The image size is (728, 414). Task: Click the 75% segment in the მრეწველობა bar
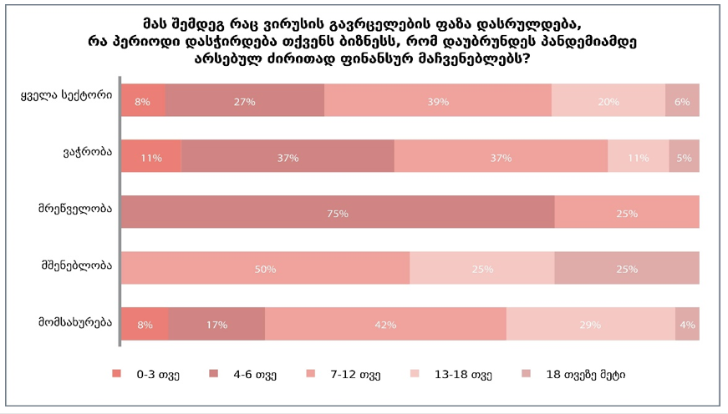point(338,212)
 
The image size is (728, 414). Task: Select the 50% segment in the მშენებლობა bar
point(266,268)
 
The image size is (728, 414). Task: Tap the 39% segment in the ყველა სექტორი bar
point(437,100)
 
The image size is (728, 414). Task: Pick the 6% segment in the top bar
point(682,100)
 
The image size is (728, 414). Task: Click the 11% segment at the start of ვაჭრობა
point(151,156)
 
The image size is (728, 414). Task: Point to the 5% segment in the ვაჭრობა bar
point(684,156)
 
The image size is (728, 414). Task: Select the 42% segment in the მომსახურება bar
point(385,324)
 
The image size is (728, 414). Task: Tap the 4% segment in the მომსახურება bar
point(687,324)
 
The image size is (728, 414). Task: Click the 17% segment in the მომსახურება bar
point(216,324)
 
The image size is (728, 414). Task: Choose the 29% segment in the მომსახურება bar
point(590,324)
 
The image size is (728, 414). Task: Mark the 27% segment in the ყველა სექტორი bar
point(244,100)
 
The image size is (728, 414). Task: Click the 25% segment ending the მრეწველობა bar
point(626,212)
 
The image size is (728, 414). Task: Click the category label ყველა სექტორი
point(66,96)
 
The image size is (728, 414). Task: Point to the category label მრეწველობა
point(75,209)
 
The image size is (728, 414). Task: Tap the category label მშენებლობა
point(76,265)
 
